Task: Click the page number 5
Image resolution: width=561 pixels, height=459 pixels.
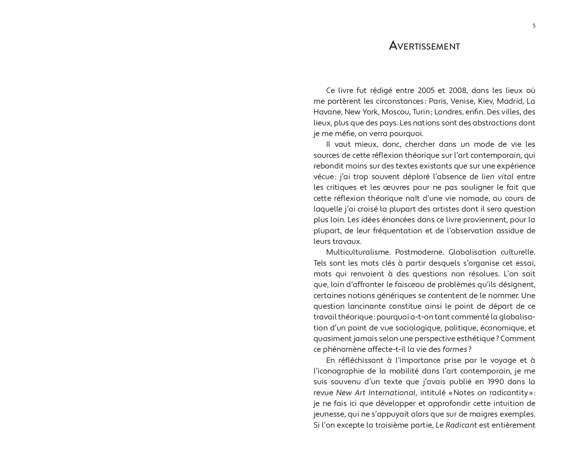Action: point(534,26)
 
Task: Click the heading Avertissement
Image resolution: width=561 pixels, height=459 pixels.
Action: point(424,46)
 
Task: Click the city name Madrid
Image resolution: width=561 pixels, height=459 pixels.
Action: point(510,101)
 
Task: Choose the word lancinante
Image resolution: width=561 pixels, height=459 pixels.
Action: point(366,306)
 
